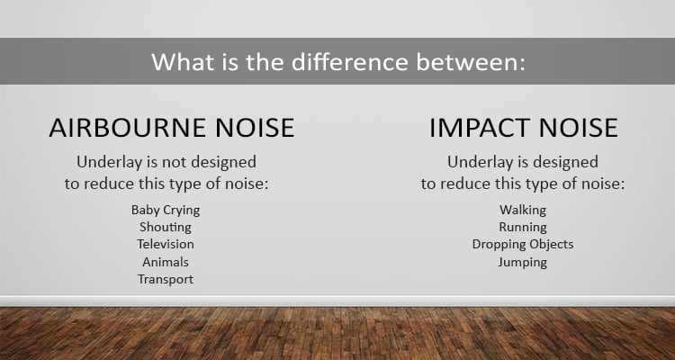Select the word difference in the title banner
pos(349,61)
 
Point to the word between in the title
pos(471,61)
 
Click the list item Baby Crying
pos(166,210)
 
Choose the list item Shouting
pos(166,227)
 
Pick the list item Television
pos(166,244)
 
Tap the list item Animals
pos(166,262)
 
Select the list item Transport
pos(166,280)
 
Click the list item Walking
pos(523,210)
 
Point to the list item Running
pos(523,227)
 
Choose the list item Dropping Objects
pos(523,245)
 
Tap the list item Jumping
pos(523,262)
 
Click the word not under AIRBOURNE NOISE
pos(175,162)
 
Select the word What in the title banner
pos(183,61)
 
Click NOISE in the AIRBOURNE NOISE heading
pos(255,128)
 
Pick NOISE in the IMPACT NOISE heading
pos(579,128)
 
